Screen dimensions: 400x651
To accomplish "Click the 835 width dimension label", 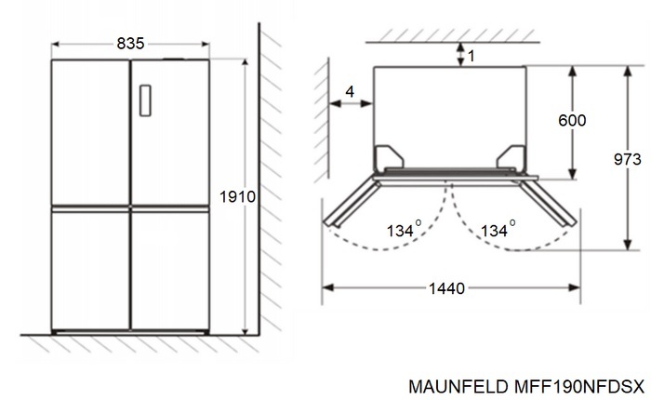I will (x=130, y=44).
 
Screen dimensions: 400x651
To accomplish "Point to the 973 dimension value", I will (x=630, y=158).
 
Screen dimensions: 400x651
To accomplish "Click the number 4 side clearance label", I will (x=350, y=90).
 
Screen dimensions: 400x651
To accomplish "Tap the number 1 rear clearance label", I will (x=471, y=57).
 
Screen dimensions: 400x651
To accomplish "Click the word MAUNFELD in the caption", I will (x=457, y=382).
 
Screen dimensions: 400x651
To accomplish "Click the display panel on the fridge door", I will (x=145, y=100).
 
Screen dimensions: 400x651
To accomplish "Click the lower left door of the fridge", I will (x=90, y=269).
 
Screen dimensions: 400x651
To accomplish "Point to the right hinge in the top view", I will (x=512, y=158).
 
